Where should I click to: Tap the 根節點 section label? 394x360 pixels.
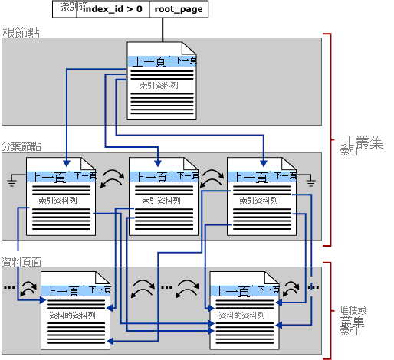(x=21, y=32)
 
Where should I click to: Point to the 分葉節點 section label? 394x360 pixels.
(x=21, y=146)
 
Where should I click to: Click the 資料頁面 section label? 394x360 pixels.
(x=21, y=261)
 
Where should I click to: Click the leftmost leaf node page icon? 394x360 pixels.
(x=61, y=196)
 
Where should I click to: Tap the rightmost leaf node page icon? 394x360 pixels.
(x=262, y=196)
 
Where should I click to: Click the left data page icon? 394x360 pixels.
(x=74, y=310)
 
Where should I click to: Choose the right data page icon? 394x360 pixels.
(x=245, y=310)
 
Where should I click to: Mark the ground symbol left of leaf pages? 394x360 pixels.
(x=11, y=181)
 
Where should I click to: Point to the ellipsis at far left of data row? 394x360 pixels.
(x=9, y=289)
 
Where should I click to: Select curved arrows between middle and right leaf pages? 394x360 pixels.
(x=212, y=180)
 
